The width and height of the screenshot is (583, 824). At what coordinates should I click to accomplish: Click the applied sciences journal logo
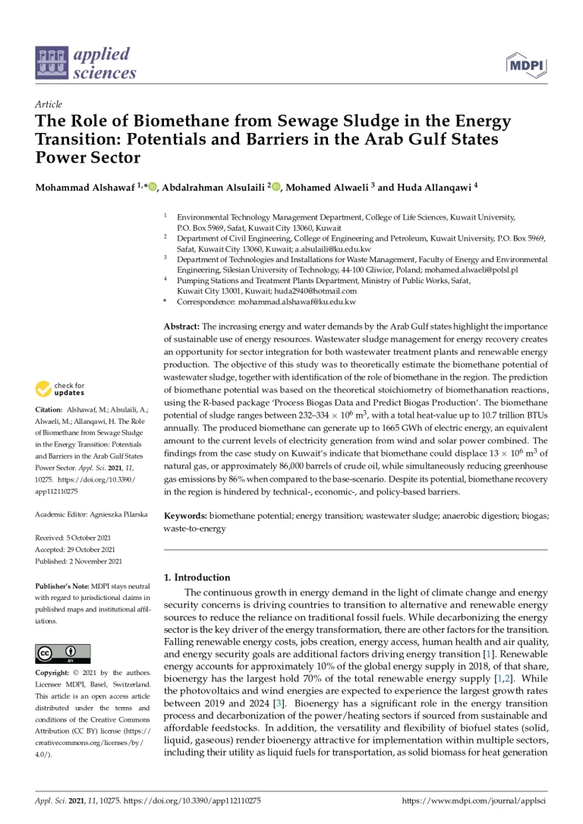pyautogui.click(x=86, y=64)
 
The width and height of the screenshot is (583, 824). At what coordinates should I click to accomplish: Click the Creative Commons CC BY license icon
pyautogui.click(x=63, y=652)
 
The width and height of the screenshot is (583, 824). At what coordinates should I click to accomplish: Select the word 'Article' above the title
pyautogui.click(x=49, y=104)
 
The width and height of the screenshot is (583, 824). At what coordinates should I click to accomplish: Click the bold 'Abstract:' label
pyautogui.click(x=182, y=324)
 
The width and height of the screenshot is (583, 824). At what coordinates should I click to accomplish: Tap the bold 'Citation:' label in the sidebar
pyautogui.click(x=52, y=411)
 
